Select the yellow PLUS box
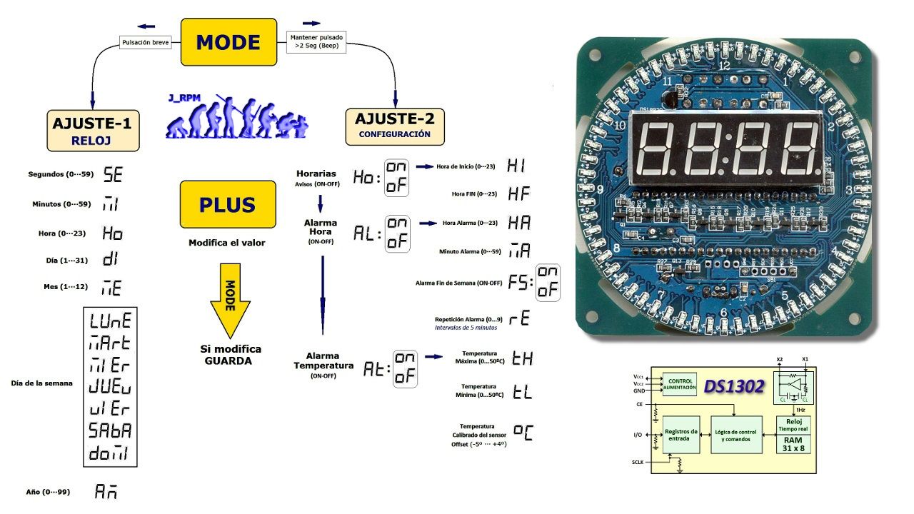tap(227, 205)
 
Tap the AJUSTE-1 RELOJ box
tap(92, 130)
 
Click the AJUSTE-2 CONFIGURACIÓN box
tap(395, 126)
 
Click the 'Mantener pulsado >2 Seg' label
tap(316, 41)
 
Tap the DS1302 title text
tap(734, 386)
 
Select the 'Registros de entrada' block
tap(681, 435)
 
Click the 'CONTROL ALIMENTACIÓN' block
tap(680, 385)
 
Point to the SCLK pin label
tap(638, 462)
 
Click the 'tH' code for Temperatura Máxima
tap(522, 358)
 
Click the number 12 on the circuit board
tap(724, 66)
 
